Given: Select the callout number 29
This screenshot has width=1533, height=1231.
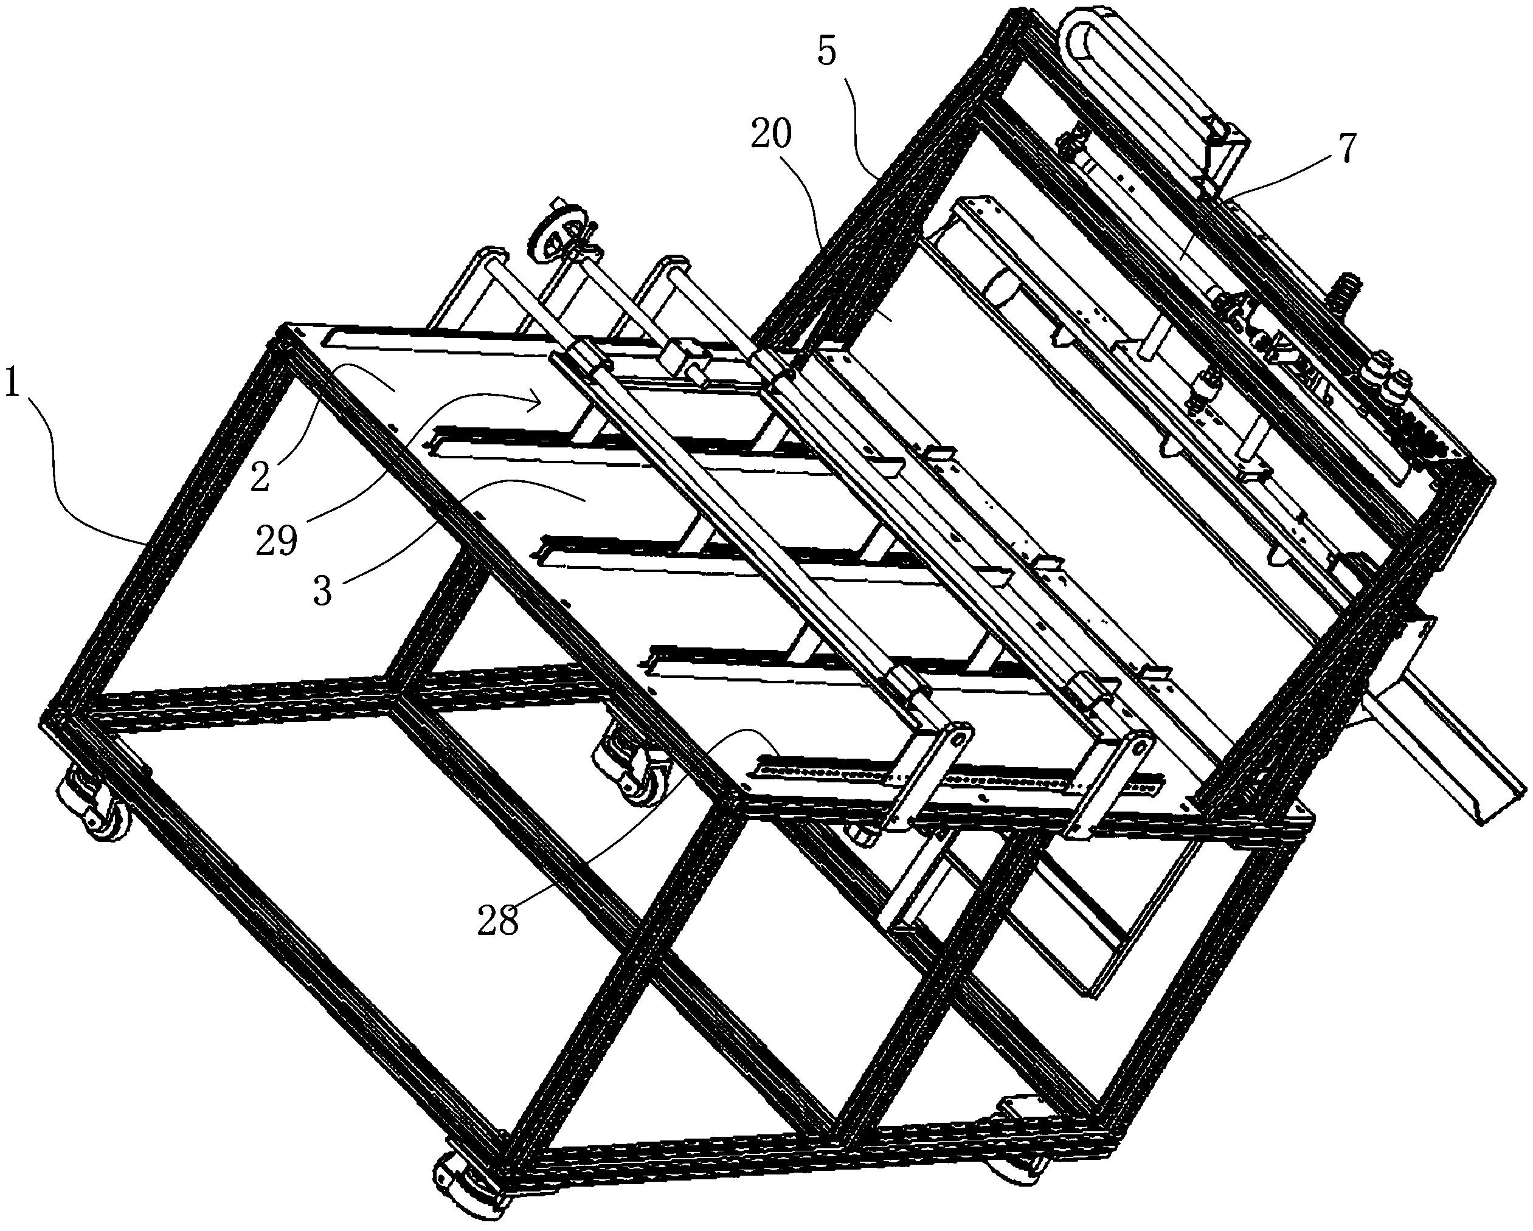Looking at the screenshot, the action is coord(277,542).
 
